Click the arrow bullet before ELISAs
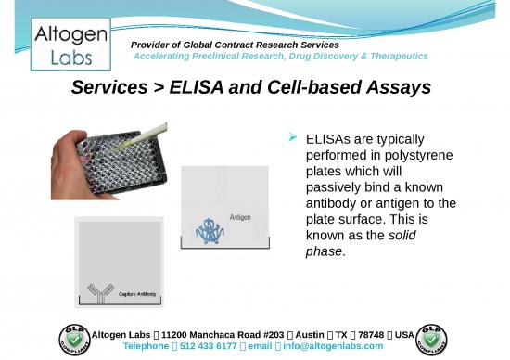coord(292,138)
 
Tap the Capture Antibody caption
coord(135,295)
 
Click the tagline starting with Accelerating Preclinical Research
coord(281,57)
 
